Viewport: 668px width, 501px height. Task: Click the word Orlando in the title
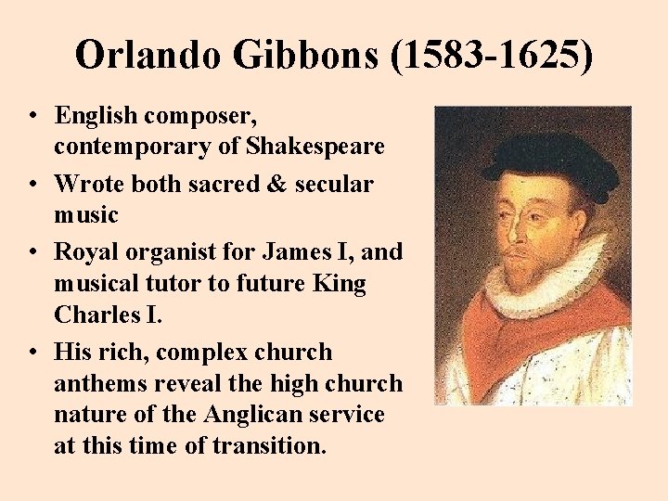pyautogui.click(x=148, y=56)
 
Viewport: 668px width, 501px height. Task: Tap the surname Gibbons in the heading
pyautogui.click(x=305, y=56)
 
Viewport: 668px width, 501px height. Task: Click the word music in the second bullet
pyautogui.click(x=86, y=215)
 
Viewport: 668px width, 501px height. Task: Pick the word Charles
pyautogui.click(x=96, y=315)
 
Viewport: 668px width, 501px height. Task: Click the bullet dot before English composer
pyautogui.click(x=32, y=117)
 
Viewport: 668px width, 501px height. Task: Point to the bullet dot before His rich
pyautogui.click(x=32, y=353)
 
